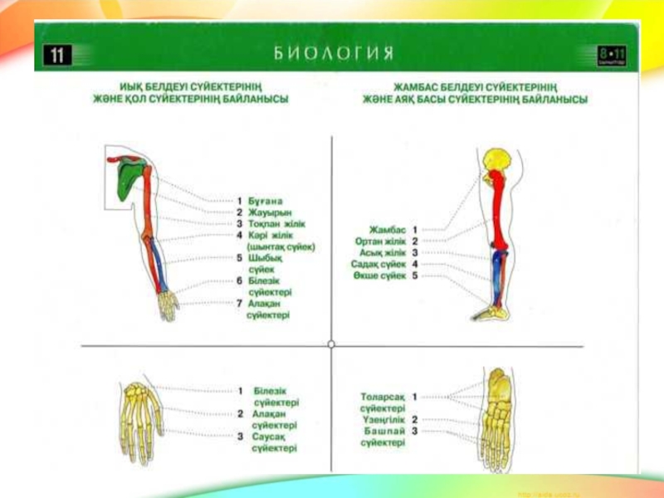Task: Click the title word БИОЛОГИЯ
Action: [333, 55]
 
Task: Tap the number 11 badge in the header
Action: [57, 56]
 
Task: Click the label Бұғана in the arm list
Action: [265, 201]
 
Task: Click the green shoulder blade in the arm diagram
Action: [126, 179]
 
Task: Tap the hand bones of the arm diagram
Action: [168, 305]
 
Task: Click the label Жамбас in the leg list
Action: [387, 229]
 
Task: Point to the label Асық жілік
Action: [382, 252]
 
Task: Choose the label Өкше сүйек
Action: [381, 275]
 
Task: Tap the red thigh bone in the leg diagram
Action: [497, 207]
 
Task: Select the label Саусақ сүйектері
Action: [274, 442]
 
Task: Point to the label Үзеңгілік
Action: [383, 420]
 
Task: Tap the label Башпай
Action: [383, 432]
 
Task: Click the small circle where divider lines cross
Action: [331, 344]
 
